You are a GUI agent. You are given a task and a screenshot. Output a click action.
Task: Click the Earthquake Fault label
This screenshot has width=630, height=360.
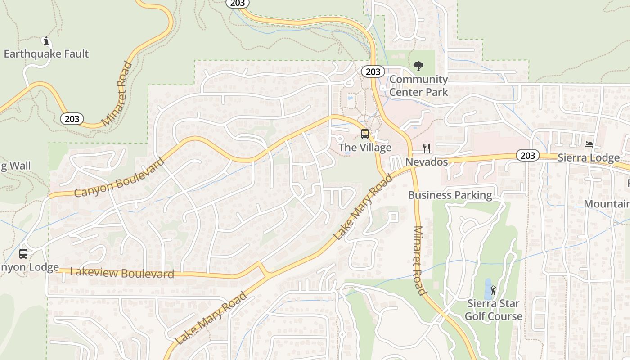(x=46, y=54)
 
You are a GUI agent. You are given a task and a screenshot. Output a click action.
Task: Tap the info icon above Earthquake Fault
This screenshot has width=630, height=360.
(x=46, y=41)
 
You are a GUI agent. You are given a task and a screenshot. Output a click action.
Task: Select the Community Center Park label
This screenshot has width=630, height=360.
(x=418, y=85)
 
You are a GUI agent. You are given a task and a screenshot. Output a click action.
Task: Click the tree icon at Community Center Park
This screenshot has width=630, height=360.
(x=418, y=66)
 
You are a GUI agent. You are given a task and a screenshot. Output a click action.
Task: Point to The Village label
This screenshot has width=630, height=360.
(x=365, y=148)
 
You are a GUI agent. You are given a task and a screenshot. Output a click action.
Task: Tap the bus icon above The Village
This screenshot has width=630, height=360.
(x=365, y=134)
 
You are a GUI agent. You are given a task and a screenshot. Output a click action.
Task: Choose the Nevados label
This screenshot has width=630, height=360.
(x=427, y=162)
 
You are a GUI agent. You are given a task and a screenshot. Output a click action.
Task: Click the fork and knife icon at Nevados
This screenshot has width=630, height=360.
(x=427, y=148)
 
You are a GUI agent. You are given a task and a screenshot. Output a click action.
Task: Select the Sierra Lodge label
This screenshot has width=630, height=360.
(x=589, y=158)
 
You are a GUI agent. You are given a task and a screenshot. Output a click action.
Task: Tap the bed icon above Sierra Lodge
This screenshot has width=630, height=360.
(x=589, y=144)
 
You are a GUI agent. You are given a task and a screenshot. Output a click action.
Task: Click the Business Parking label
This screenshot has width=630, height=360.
(x=450, y=195)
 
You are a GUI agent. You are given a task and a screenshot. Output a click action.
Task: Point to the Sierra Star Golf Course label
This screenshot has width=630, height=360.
(x=494, y=310)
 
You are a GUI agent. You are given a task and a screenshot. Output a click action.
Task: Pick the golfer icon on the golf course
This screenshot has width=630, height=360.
(x=493, y=290)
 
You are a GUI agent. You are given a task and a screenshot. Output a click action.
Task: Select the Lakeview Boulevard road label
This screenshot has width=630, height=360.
(x=122, y=273)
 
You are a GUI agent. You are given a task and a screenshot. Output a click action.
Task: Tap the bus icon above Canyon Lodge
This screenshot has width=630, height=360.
(x=23, y=253)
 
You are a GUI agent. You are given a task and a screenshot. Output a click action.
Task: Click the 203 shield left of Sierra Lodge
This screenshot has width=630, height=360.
(x=527, y=156)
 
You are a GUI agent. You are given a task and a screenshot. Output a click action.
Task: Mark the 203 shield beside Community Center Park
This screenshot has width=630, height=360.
(x=373, y=72)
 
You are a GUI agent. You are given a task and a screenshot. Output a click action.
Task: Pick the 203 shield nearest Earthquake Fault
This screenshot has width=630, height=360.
(x=72, y=119)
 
